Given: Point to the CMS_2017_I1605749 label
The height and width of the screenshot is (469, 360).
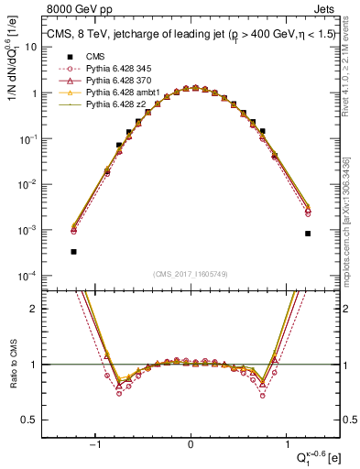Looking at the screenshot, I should (191, 274).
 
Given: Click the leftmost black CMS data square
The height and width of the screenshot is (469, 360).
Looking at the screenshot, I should (73, 251).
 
